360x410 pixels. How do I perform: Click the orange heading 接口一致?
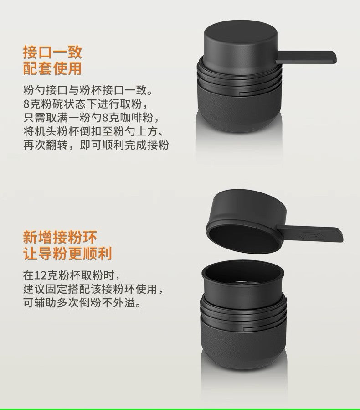52,52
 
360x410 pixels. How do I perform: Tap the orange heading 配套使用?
52,69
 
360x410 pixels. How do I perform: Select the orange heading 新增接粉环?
60,237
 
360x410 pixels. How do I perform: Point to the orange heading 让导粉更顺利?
67,254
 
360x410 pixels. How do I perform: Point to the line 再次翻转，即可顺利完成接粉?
96,146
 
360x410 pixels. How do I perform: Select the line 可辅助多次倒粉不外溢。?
82,303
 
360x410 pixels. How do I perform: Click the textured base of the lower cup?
242,342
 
